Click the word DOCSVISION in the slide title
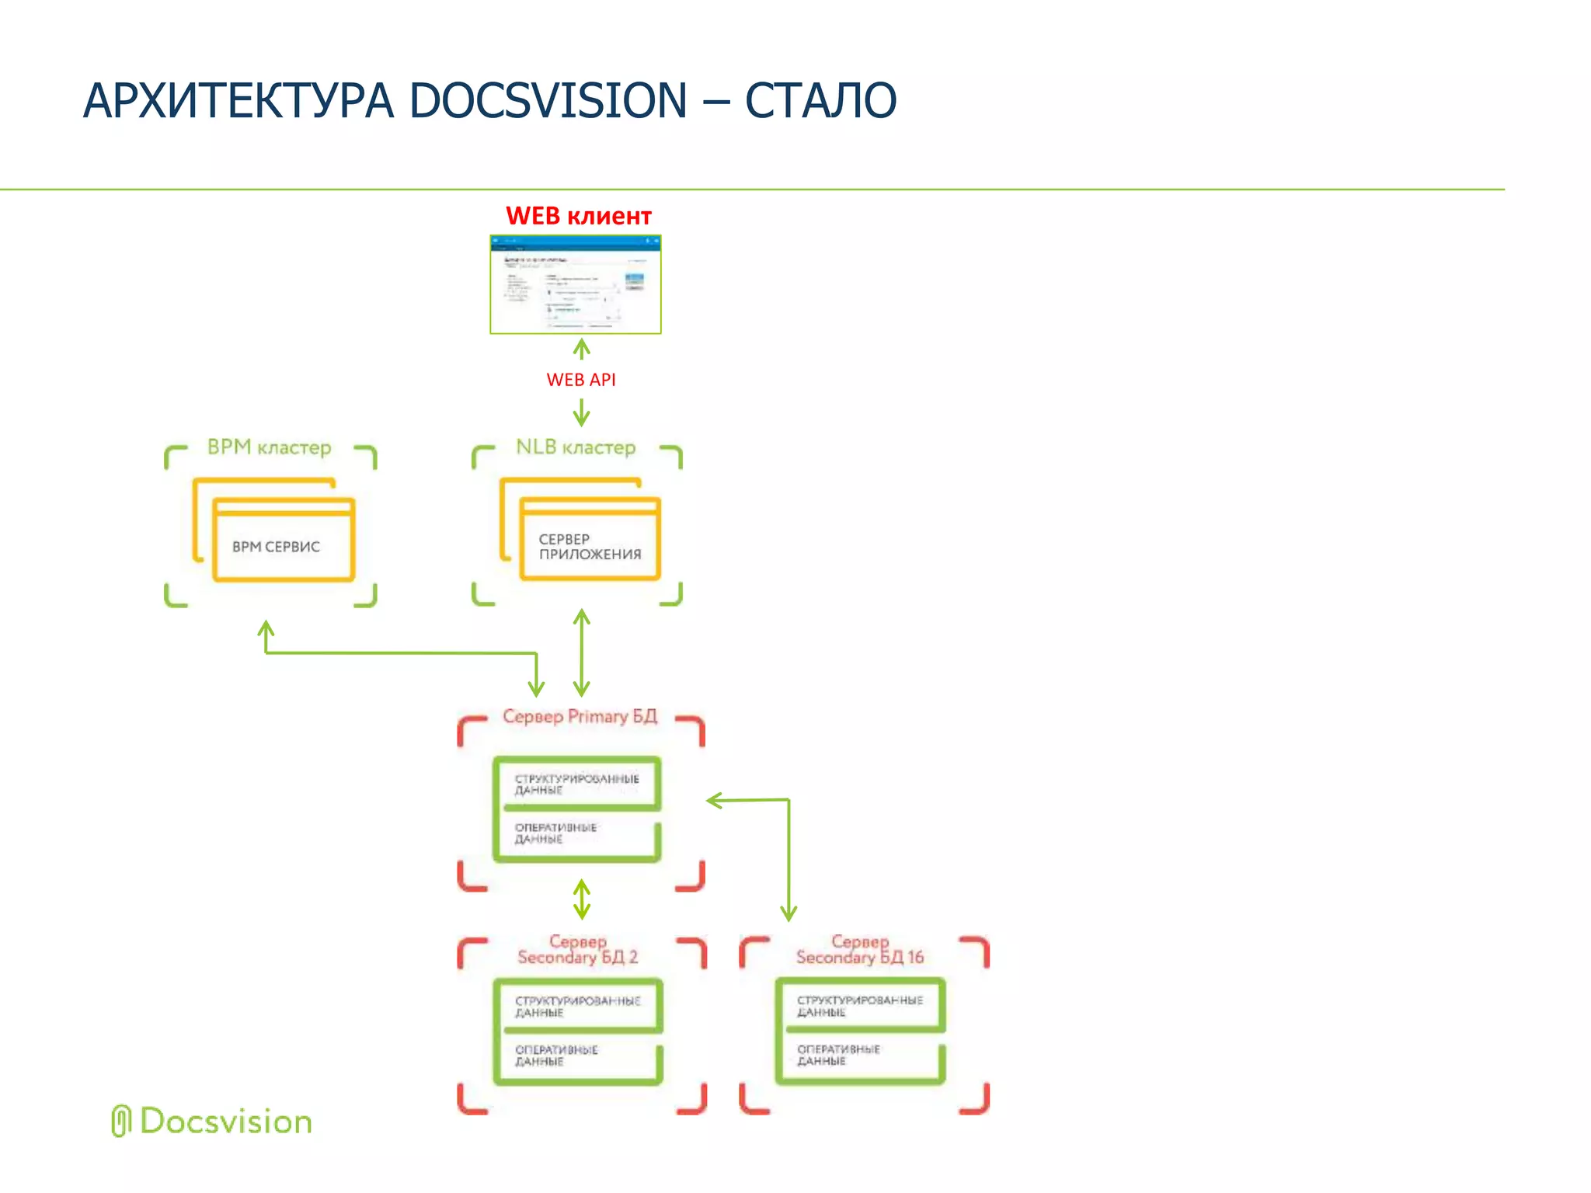pos(548,101)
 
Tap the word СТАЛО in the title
pos(820,101)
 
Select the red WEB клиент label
pos(578,216)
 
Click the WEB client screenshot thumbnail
pos(576,284)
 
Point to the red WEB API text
pos(580,380)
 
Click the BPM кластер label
pos(269,447)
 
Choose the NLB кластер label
pos(576,447)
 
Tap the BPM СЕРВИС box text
pos(276,547)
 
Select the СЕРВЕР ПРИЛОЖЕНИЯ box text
pos(590,547)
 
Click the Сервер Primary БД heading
pos(580,716)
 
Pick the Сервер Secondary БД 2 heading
pos(577,950)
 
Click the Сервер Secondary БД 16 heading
pos(859,950)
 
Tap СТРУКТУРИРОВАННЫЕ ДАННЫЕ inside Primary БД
pos(576,784)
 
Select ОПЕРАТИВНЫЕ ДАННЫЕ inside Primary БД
pos(555,833)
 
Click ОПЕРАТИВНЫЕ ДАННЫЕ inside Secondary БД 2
pos(556,1056)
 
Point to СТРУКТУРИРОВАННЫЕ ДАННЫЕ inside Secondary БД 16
pos(859,1006)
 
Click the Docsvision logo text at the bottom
pos(225,1122)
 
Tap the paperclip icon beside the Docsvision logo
pos(120,1121)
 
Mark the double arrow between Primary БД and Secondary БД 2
pos(581,899)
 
